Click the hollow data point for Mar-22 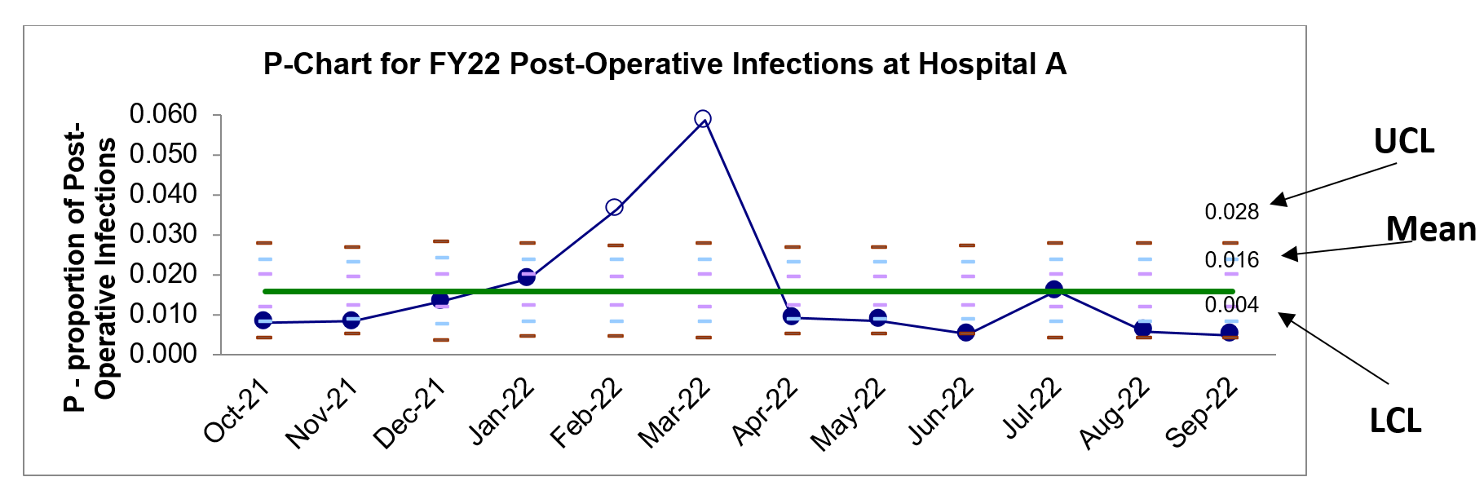(702, 119)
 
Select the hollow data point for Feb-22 (615, 207)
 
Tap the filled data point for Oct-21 (263, 320)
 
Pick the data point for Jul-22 (1054, 289)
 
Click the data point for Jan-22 (527, 277)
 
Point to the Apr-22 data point (791, 316)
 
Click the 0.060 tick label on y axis (163, 114)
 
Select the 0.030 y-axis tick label (163, 234)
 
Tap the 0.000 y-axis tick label (163, 354)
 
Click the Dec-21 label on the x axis (410, 414)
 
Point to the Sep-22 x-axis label (1202, 414)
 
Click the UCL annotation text (1404, 142)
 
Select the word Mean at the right (1432, 229)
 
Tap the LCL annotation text (1395, 421)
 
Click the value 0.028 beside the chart (1232, 212)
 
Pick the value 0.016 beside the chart (1232, 260)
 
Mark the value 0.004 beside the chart (1232, 305)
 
